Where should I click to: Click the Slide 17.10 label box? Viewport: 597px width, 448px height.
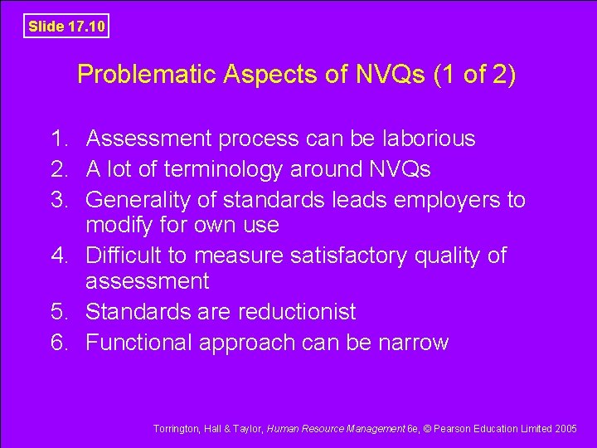66,27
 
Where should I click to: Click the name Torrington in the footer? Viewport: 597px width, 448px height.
177,428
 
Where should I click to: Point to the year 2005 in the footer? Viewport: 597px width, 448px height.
566,428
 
